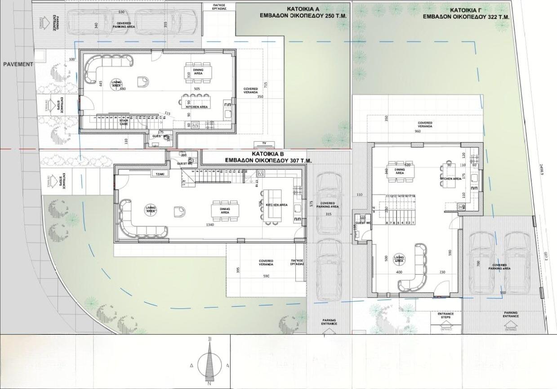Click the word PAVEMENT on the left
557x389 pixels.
(18, 64)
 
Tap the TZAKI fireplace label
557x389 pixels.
(159, 174)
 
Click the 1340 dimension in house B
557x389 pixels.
(209, 224)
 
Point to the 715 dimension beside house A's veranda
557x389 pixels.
(266, 85)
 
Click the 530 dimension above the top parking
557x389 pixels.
(121, 11)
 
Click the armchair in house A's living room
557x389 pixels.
(143, 81)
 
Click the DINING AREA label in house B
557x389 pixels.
(225, 210)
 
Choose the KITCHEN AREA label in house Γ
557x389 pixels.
(450, 179)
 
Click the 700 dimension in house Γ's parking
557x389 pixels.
(477, 264)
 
